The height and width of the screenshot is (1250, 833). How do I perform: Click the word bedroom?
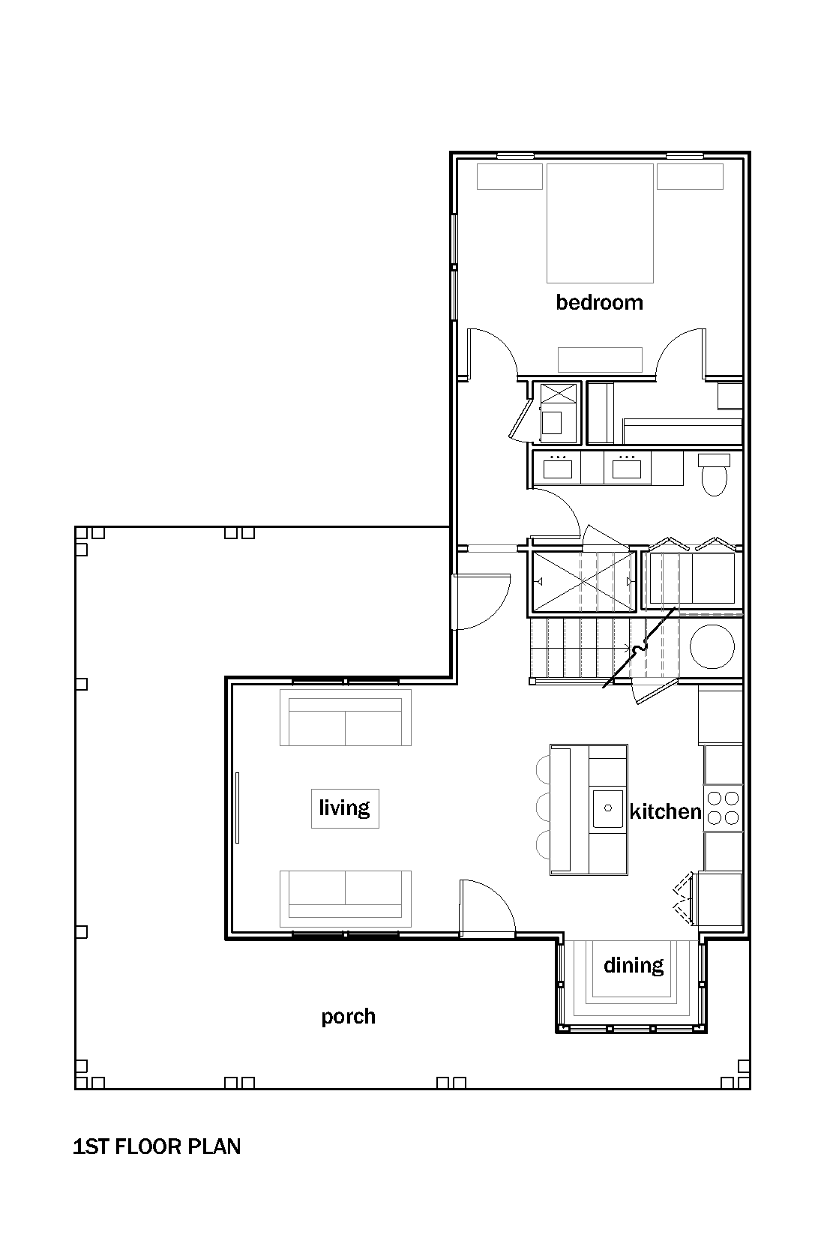599,302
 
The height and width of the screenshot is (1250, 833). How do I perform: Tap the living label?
344,808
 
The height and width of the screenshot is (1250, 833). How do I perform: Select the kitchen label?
665,811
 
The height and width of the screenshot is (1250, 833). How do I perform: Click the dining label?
634,965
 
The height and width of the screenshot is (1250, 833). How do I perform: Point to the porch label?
348,1017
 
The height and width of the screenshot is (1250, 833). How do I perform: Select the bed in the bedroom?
600,223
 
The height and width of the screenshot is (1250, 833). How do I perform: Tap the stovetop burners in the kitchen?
723,808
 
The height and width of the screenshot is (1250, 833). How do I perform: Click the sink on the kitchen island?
607,808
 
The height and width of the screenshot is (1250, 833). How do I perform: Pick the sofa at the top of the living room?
346,717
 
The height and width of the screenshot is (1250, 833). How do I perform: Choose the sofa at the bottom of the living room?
346,898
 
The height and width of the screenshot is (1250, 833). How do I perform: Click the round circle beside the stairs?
712,646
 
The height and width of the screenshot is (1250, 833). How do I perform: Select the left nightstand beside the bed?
509,176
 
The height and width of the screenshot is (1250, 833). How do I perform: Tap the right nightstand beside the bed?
690,176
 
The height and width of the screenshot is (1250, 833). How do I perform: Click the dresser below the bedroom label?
600,360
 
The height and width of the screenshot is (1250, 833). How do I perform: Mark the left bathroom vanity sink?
557,468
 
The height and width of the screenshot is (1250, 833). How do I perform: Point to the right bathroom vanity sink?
627,468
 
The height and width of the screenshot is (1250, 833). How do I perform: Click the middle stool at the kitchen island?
543,808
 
